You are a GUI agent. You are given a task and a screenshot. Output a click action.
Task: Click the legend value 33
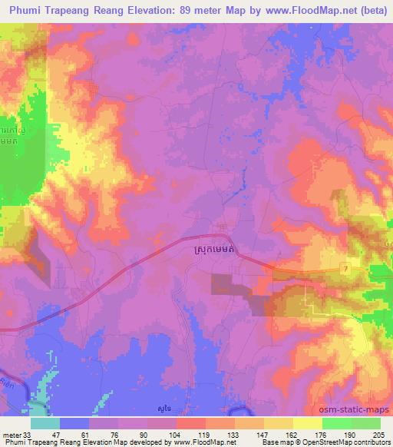click(x=30, y=435)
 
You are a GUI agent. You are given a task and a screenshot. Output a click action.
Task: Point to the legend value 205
click(x=380, y=435)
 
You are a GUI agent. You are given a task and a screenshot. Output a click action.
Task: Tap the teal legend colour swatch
click(x=45, y=423)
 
